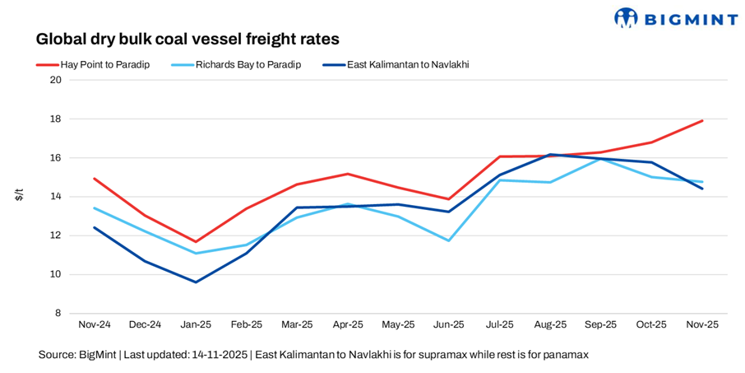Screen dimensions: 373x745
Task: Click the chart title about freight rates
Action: click(187, 39)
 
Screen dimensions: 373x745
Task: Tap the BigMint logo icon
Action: click(627, 17)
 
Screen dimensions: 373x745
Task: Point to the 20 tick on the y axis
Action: click(56, 80)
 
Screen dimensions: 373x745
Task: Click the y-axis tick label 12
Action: click(56, 235)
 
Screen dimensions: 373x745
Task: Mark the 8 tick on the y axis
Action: click(58, 313)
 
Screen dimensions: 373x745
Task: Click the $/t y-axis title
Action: click(20, 195)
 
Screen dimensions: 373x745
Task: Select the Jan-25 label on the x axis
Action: click(196, 325)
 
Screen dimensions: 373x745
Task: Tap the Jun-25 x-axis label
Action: click(449, 325)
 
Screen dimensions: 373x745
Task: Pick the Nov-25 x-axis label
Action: click(702, 325)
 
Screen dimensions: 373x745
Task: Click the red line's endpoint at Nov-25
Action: click(702, 121)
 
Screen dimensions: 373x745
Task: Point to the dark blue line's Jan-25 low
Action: click(196, 282)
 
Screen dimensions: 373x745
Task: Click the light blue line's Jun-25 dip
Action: click(449, 240)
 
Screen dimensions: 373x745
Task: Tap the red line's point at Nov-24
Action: click(95, 179)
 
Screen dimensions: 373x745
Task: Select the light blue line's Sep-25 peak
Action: click(601, 158)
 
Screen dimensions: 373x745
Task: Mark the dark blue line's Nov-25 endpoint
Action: click(702, 189)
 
